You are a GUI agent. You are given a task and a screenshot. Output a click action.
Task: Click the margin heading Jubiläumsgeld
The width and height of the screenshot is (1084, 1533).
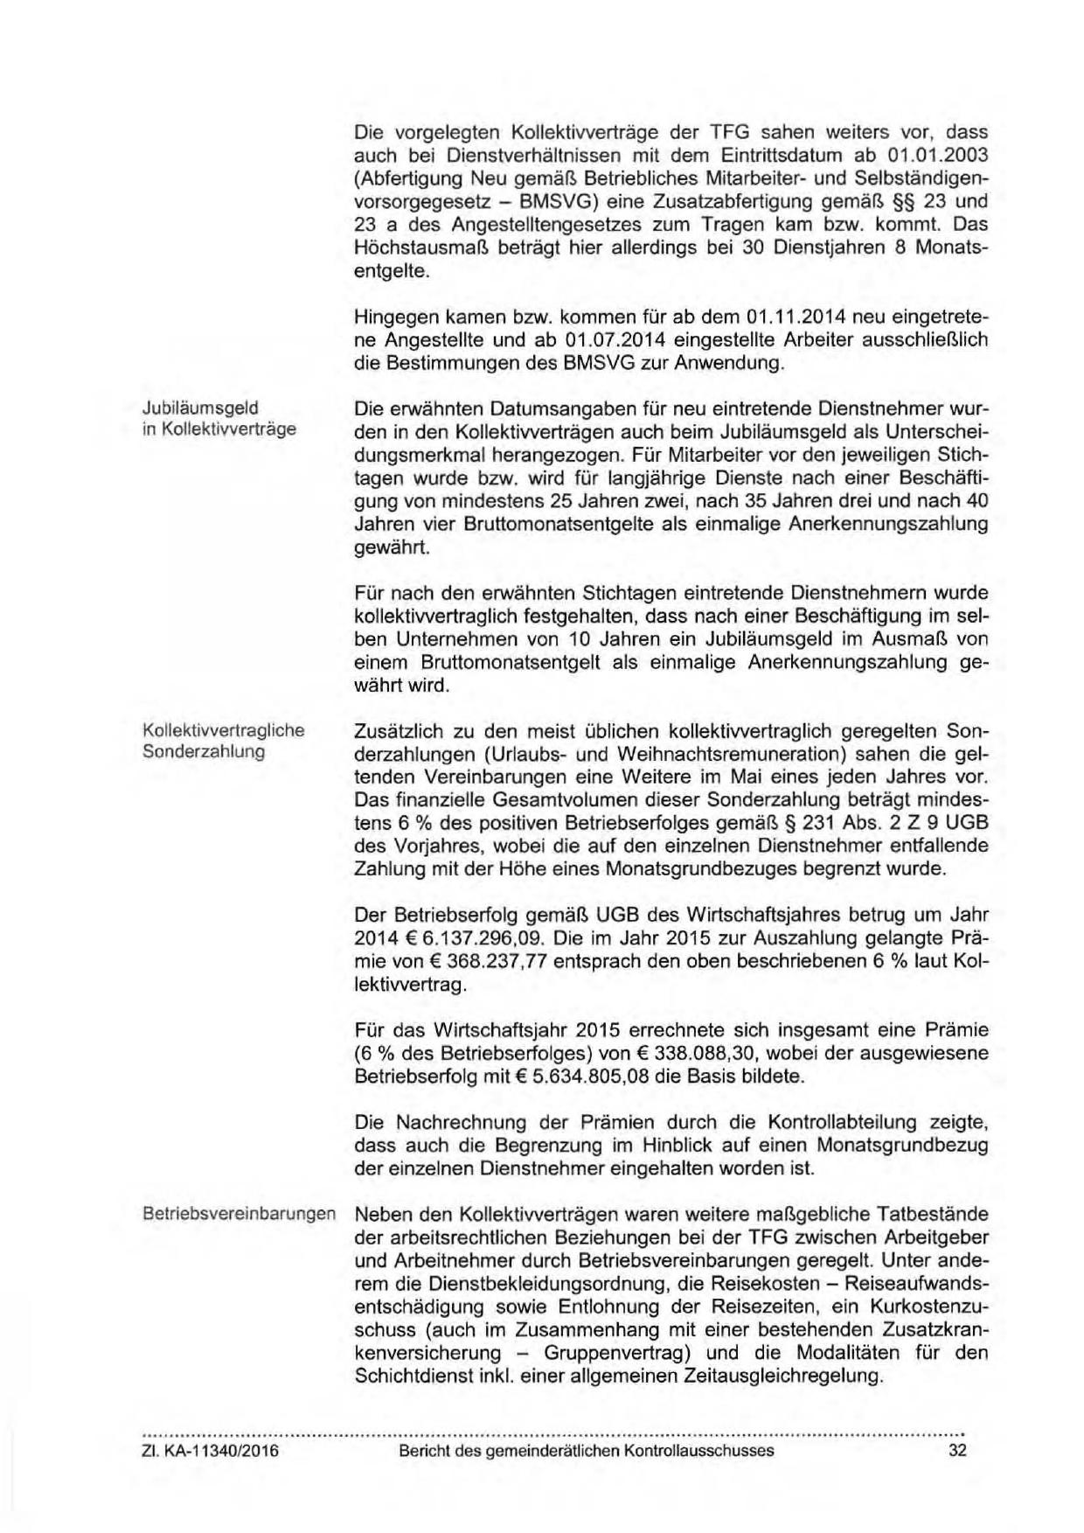pyautogui.click(x=200, y=408)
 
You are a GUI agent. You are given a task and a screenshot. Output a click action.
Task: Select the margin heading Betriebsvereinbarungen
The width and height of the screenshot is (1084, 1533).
pyautogui.click(x=239, y=1215)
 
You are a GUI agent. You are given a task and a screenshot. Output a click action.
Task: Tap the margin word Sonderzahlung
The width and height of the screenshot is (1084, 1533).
pyautogui.click(x=203, y=752)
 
